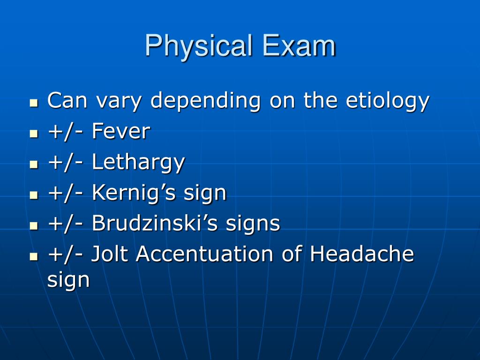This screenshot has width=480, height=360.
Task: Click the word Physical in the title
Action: (199, 46)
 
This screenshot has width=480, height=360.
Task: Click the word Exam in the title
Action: (299, 45)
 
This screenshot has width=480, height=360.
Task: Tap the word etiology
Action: (387, 101)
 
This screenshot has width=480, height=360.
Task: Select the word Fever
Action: (121, 131)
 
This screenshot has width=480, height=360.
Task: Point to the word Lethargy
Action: (138, 163)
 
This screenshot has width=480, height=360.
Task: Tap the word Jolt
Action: (110, 254)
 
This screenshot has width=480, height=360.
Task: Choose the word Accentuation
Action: (204, 254)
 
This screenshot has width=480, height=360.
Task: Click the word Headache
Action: (361, 254)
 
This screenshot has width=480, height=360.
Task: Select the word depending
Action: (205, 101)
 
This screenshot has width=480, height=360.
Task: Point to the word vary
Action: (119, 102)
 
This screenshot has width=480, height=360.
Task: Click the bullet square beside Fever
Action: (34, 134)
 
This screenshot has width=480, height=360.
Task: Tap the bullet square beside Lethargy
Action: (34, 165)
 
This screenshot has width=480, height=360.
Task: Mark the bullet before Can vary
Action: (34, 103)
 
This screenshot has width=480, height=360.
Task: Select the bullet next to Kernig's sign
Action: (34, 195)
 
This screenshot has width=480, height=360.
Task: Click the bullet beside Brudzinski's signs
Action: (34, 225)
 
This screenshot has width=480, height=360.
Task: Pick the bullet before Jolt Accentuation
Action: (34, 256)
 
